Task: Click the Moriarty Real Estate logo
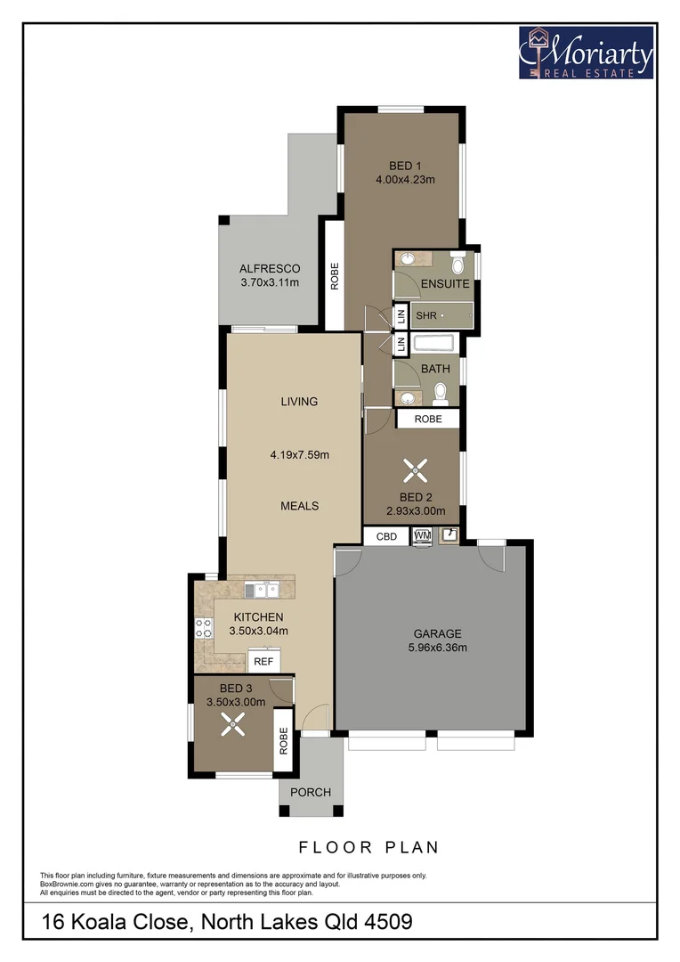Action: (x=587, y=52)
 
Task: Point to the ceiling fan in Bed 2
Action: (x=412, y=469)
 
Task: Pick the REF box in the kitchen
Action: (x=263, y=662)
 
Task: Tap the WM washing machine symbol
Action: (x=421, y=536)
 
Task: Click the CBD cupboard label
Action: (x=386, y=537)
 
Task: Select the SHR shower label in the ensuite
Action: (x=425, y=315)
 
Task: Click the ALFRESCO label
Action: (x=270, y=269)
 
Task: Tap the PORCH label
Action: (x=311, y=792)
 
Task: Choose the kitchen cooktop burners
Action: (x=201, y=628)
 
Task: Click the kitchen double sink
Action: (x=264, y=589)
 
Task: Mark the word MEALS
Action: (x=299, y=506)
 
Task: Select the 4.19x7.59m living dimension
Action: (x=300, y=455)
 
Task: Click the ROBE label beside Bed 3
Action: (x=284, y=741)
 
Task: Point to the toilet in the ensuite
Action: (x=458, y=265)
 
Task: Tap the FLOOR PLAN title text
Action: (x=368, y=847)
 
